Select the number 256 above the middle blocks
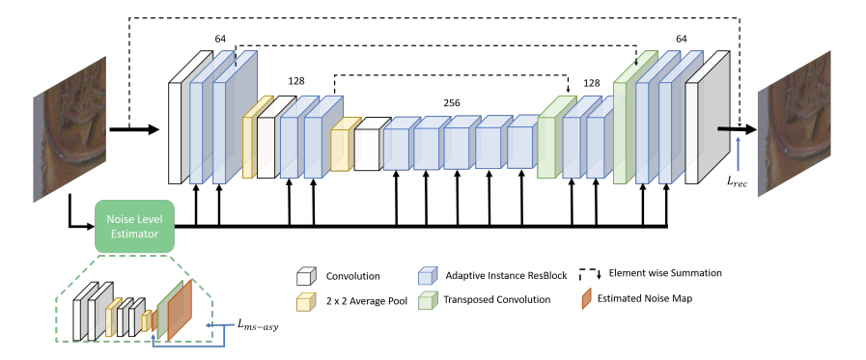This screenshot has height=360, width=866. [x=451, y=102]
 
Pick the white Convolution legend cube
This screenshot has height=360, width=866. [x=306, y=274]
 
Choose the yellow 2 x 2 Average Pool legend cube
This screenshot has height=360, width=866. [x=306, y=299]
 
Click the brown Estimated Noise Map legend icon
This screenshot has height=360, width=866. [x=589, y=298]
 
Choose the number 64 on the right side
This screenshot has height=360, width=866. [x=682, y=39]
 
